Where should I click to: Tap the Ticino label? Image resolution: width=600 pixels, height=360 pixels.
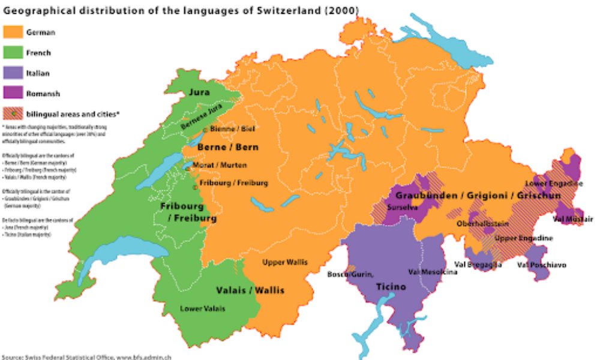click(x=391, y=287)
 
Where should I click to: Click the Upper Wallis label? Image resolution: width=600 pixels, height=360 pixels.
click(x=284, y=262)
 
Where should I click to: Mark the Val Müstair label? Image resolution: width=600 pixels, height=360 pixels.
click(x=572, y=218)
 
